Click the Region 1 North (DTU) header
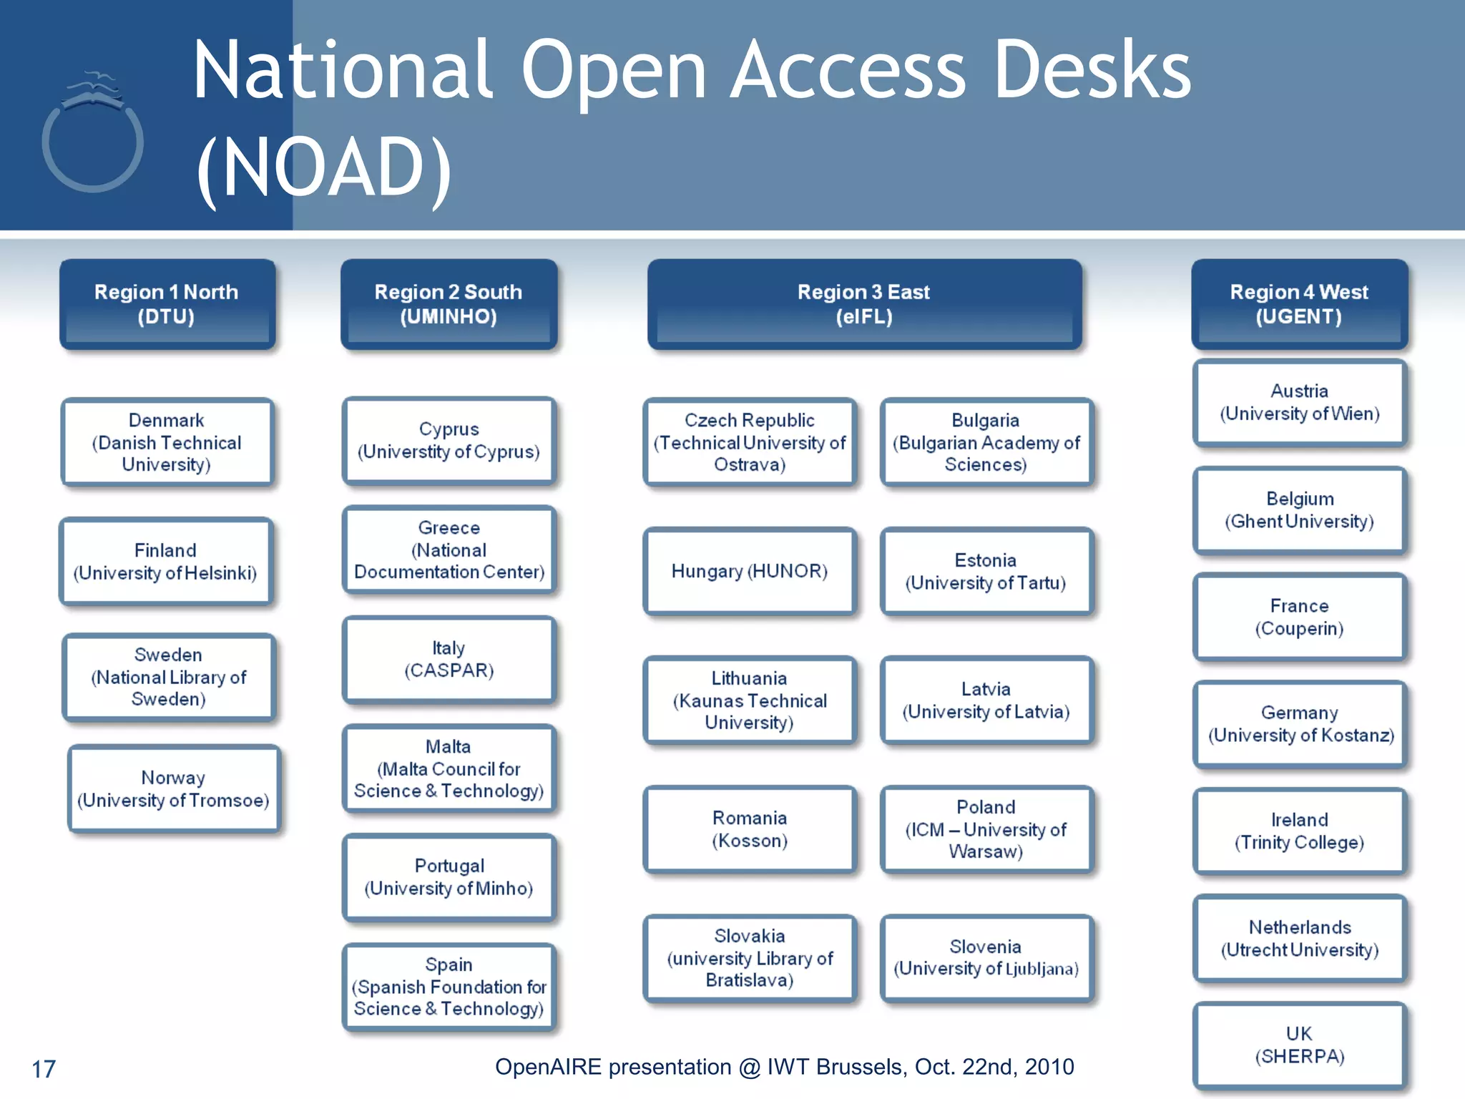pos(167,304)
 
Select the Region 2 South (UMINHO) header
pos(449,304)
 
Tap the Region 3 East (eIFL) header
pos(864,304)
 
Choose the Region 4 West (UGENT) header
pos(1299,304)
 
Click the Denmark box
pos(167,442)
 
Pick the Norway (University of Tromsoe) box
pos(173,788)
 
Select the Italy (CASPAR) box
pos(449,659)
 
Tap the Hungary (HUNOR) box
pos(749,571)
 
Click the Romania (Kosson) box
pos(749,829)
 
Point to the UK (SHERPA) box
pos(1299,1045)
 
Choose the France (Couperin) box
pos(1299,617)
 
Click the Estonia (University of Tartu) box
pos(985,571)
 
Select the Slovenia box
pos(985,957)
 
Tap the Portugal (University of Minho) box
pos(449,876)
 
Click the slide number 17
pos(44,1069)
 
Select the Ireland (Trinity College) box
pos(1299,831)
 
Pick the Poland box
pos(985,829)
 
